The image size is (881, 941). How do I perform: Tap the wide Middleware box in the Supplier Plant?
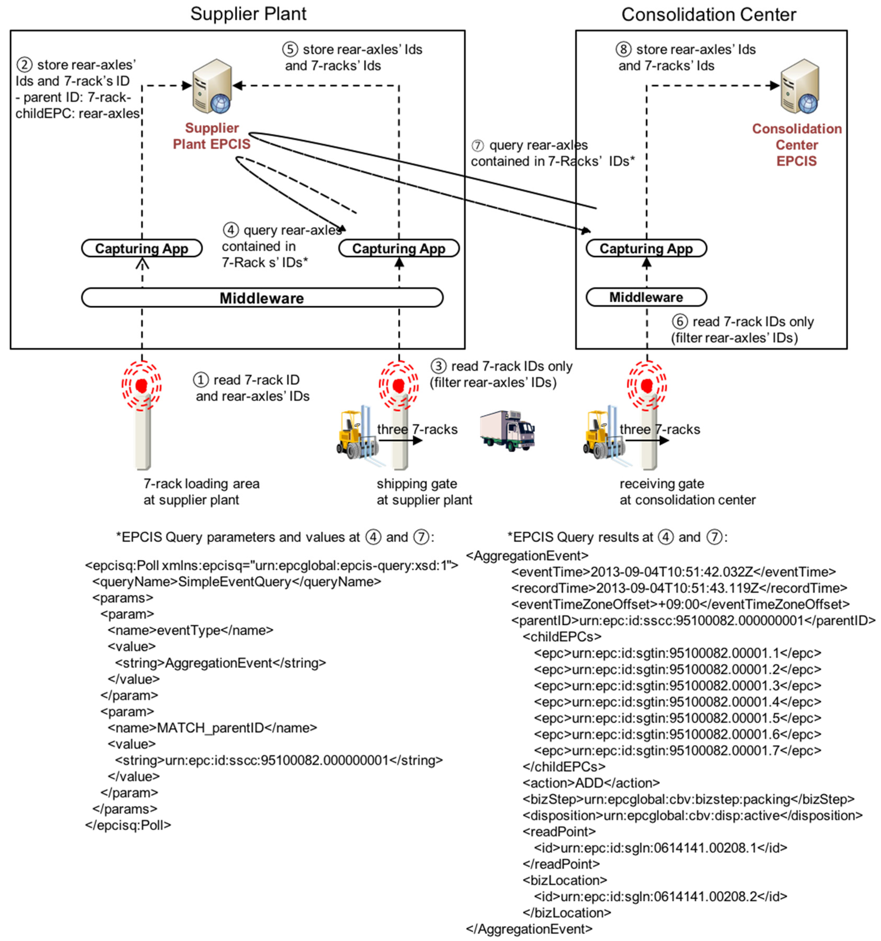tap(262, 298)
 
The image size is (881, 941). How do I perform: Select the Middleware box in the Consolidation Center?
tap(646, 297)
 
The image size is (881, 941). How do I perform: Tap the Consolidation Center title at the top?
tap(708, 15)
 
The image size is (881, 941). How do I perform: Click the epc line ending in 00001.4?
tap(677, 702)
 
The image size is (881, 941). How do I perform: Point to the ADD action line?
tap(591, 783)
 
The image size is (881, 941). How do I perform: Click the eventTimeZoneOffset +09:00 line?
tap(680, 604)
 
